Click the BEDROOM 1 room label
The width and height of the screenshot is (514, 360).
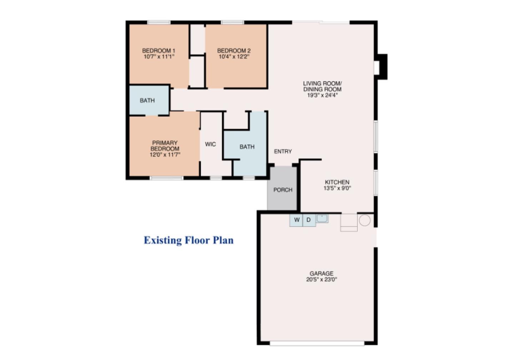[158, 51]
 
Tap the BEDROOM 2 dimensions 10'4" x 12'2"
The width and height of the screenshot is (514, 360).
[234, 57]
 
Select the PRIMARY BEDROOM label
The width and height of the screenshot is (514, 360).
[165, 146]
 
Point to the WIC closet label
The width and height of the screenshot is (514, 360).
[211, 144]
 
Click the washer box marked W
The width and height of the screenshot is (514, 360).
[296, 220]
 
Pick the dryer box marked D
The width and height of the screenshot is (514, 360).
[309, 220]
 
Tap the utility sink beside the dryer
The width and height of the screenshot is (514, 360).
[322, 218]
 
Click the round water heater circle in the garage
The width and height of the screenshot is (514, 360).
[365, 220]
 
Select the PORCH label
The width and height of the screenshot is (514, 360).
[283, 190]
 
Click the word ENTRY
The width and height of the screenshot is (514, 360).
[283, 151]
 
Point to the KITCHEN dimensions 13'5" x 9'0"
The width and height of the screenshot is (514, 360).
[337, 188]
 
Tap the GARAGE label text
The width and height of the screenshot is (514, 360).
[321, 273]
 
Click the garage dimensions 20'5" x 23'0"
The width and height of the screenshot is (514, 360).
[322, 279]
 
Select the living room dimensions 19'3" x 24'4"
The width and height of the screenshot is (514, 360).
[322, 95]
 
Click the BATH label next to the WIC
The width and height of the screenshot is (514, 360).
[247, 147]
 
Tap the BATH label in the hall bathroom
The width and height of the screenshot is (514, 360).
[147, 100]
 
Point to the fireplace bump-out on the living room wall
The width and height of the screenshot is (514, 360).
[381, 67]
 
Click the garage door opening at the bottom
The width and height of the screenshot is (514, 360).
[317, 343]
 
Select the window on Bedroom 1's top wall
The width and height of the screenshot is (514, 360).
[159, 22]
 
